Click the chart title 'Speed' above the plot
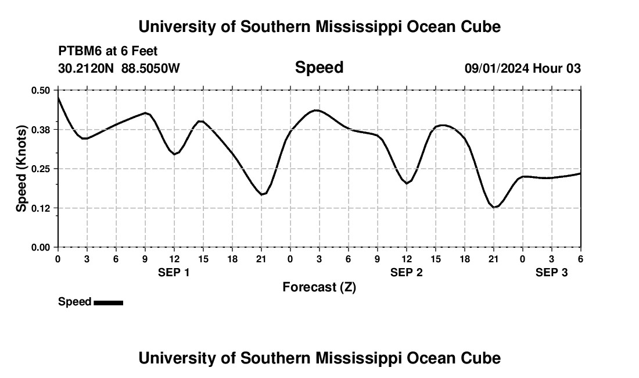click(319, 67)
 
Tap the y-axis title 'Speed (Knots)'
click(21, 169)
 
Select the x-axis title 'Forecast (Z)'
click(319, 287)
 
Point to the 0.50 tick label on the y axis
click(41, 90)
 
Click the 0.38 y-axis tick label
click(41, 129)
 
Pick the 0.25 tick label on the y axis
click(41, 169)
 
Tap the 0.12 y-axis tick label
click(41, 208)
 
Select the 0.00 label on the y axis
click(41, 247)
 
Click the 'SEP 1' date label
click(174, 272)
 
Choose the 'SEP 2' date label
click(406, 272)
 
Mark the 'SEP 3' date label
click(551, 272)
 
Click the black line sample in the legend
click(108, 302)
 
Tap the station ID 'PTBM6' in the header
click(78, 52)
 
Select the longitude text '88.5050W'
click(150, 69)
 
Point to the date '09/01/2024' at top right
click(497, 69)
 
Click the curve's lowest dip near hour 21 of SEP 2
click(494, 207)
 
